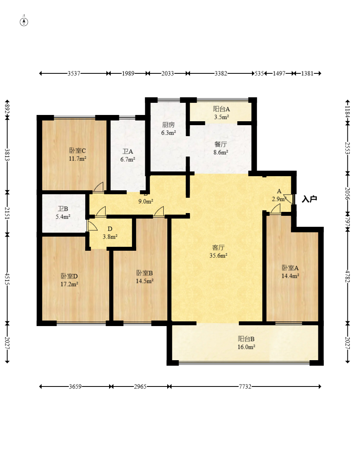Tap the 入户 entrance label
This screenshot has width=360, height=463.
pos(309,199)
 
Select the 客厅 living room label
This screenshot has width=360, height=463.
pos(218,248)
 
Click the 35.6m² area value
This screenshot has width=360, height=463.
pos(218,256)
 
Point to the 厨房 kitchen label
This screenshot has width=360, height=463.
pos(168,125)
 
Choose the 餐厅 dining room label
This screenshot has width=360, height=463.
pos(221,144)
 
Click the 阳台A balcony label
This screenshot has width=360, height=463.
pos(221,109)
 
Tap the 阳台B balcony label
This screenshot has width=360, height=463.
pos(246,339)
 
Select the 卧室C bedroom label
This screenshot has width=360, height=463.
pos(77,151)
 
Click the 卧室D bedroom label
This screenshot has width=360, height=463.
pos(69,276)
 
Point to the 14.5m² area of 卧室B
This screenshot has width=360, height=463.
pos(144,281)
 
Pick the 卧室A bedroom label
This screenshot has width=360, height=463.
pos(290,268)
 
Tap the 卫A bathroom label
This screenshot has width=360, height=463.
pos(128,151)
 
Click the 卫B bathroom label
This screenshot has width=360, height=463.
pos(63,209)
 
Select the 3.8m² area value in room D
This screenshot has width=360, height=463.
pos(110,237)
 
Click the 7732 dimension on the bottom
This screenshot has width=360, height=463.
pos(245,386)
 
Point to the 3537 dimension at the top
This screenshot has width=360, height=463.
pos(74,73)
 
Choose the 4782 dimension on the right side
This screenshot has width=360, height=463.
pos(347,276)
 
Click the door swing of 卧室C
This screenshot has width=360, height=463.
pos(99,187)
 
